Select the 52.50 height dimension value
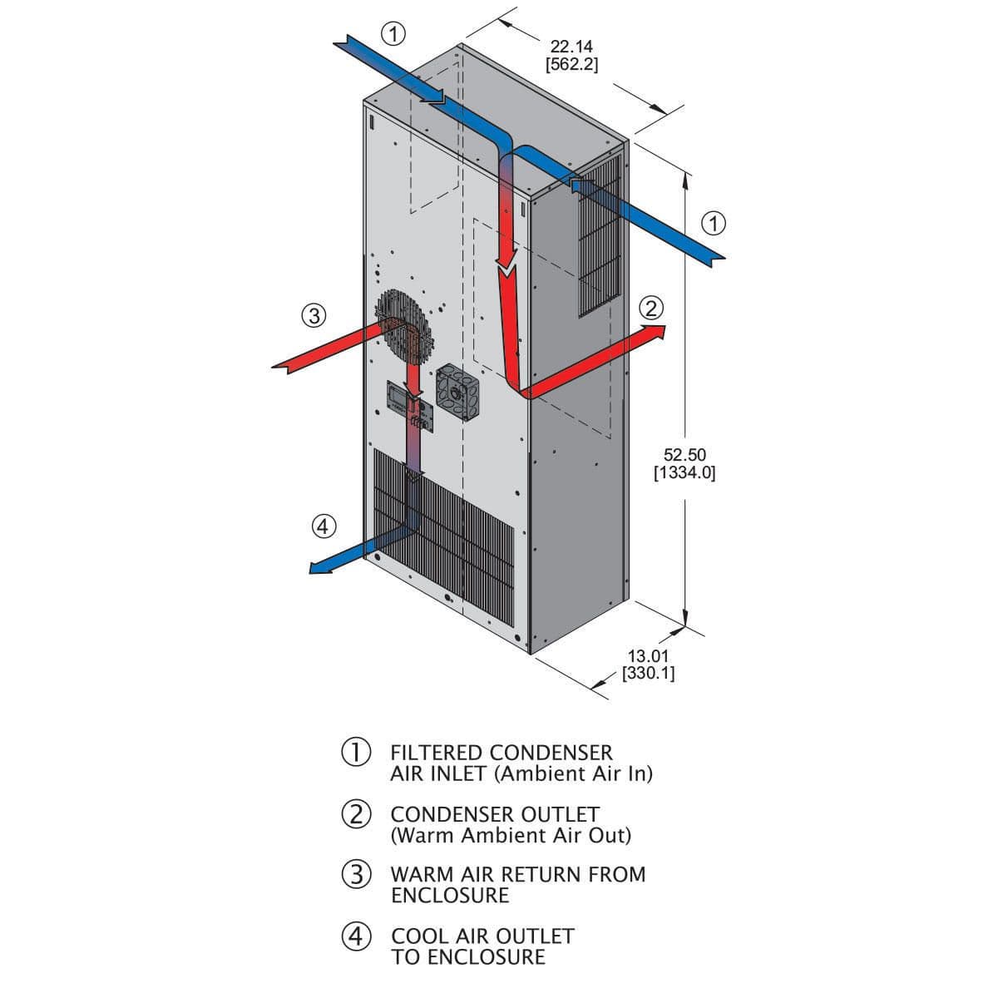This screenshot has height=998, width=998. pos(684,454)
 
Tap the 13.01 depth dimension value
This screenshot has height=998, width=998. pos(648,656)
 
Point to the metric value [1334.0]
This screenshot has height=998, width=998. pos(684,473)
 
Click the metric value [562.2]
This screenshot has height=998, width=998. pos(571,64)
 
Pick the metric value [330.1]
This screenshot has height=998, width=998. pos(648,674)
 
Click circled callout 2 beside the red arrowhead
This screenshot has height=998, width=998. pos(651,309)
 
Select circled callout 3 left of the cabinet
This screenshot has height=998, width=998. pos(313,315)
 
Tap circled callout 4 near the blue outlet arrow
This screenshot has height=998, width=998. pos(324,526)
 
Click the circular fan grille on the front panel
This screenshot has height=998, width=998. pos(407,324)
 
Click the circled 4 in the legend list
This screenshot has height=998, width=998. pos(356,936)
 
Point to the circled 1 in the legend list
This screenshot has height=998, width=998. pos(356,752)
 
